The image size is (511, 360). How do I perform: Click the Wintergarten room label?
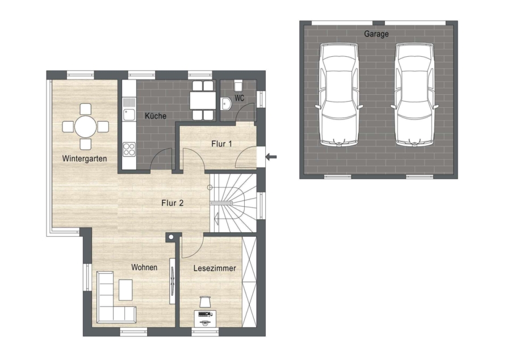(x=85, y=158)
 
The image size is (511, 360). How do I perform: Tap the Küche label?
(x=156, y=116)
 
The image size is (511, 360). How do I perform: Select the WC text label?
(x=239, y=98)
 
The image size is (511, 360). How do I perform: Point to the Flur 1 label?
(x=221, y=144)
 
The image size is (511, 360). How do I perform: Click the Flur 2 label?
(x=173, y=203)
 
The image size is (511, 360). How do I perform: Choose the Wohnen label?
(x=144, y=267)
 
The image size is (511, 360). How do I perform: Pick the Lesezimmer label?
(x=215, y=268)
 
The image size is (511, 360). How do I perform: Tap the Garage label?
(x=376, y=34)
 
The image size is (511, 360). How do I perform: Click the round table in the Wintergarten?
(x=86, y=127)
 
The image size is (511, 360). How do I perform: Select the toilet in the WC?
(x=238, y=85)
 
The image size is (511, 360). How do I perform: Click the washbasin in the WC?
(x=225, y=104)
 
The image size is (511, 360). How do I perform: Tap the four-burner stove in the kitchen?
(x=129, y=149)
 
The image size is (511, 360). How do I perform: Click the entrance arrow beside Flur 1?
(x=271, y=157)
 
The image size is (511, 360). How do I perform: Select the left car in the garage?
(x=339, y=94)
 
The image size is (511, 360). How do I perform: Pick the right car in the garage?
(x=414, y=94)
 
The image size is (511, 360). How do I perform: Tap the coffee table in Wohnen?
(x=125, y=290)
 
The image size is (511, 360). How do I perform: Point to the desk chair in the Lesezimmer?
(x=205, y=302)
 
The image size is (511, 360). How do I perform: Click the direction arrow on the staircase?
(x=216, y=217)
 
